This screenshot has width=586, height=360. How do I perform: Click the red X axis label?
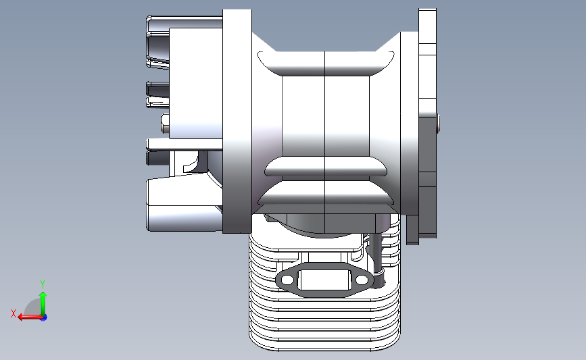[x=14, y=313]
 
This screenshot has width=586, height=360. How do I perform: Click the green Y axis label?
[x=43, y=284]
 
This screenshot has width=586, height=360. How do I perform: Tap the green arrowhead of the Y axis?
[x=43, y=296]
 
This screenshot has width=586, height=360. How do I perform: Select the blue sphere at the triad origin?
[x=44, y=317]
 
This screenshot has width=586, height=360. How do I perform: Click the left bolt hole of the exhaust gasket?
[x=287, y=280]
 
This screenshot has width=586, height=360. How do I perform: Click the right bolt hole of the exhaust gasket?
[x=362, y=280]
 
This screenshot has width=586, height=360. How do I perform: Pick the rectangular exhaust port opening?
[x=324, y=280]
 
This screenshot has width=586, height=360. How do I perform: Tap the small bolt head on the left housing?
[x=165, y=124]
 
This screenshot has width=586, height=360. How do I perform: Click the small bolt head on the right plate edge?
[x=438, y=123]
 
